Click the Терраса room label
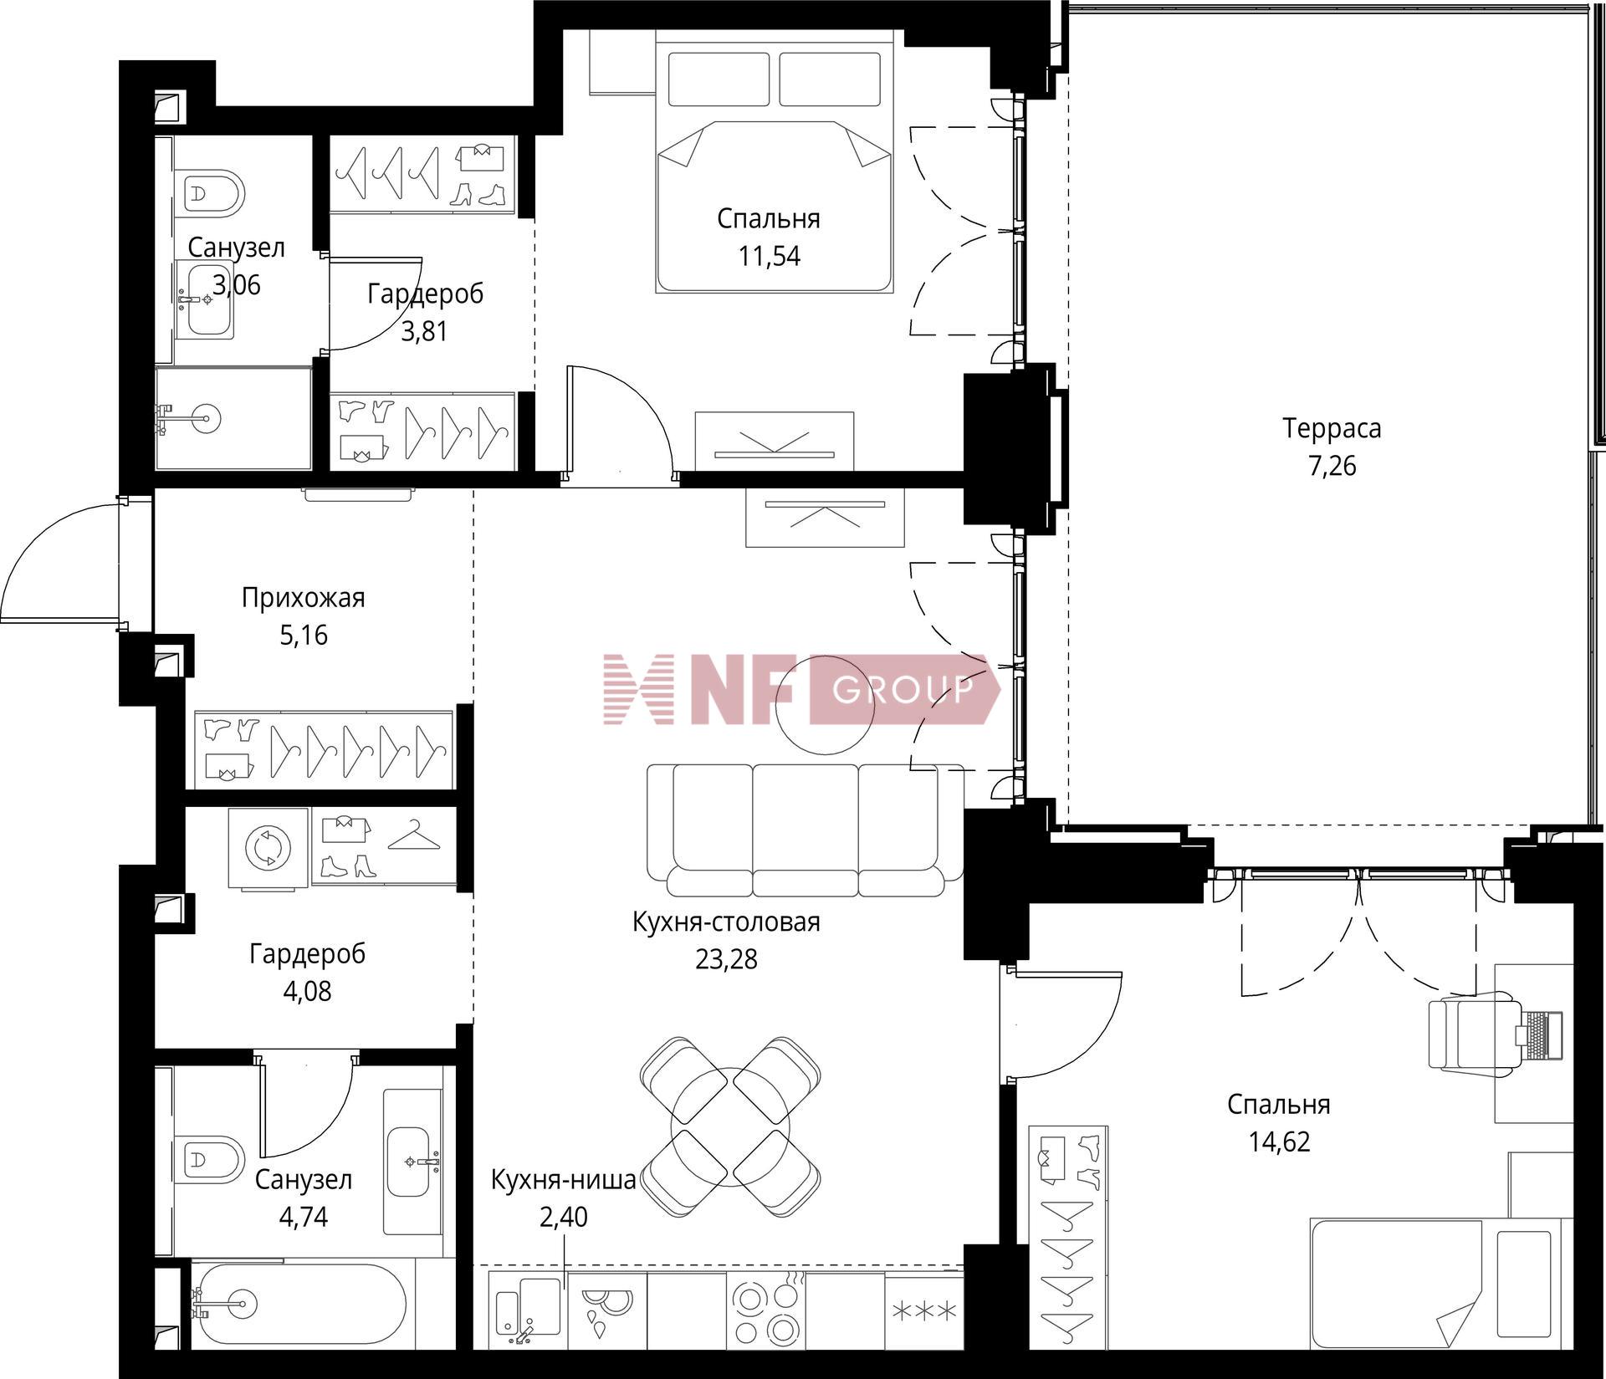pos(1332,429)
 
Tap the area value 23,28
pos(726,958)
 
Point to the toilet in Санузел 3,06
pos(213,193)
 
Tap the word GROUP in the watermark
pos(903,689)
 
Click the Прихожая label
pos(304,598)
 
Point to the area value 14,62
pos(1279,1142)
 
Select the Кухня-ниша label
pos(563,1180)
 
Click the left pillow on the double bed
pos(719,79)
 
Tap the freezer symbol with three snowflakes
pos(924,1311)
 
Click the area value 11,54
pos(769,256)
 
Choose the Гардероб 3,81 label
pos(425,313)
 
